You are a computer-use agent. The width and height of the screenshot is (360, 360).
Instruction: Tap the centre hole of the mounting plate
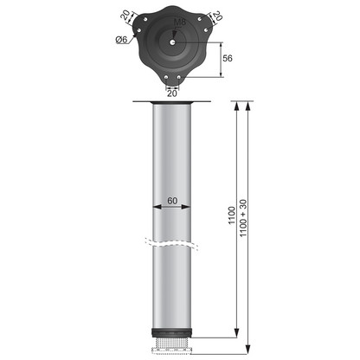click(x=173, y=40)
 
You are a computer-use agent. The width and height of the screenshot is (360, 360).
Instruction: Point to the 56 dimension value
click(x=227, y=58)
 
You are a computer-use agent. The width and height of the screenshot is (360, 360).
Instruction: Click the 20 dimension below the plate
click(x=173, y=93)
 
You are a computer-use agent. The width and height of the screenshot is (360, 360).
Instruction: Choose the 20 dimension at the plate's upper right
click(x=216, y=16)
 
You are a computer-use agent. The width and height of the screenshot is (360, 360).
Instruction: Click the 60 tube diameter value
click(x=172, y=200)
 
